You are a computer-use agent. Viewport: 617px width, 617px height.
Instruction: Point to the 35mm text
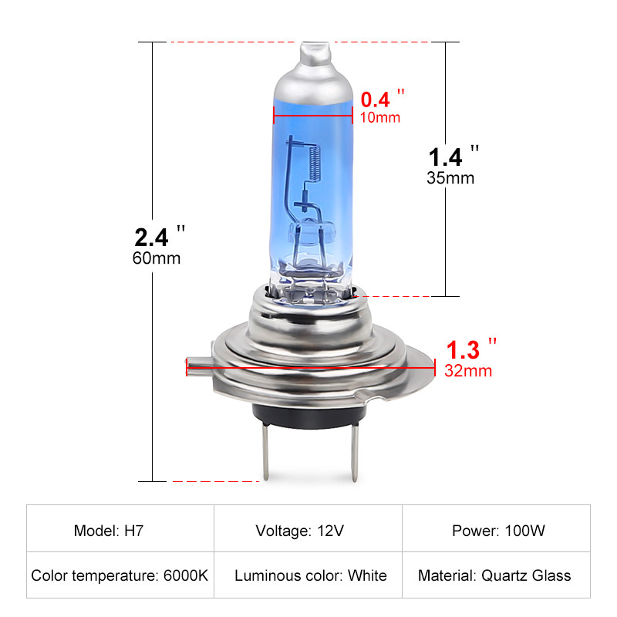point(450,178)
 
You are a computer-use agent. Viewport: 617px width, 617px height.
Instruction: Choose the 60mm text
point(157,258)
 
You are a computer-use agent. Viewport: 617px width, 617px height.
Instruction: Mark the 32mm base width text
point(468,371)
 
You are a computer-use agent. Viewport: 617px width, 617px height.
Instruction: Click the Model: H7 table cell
point(120,531)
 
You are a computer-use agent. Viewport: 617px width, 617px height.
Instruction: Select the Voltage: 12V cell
point(308,531)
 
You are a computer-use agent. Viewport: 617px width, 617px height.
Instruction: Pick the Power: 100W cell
point(496,531)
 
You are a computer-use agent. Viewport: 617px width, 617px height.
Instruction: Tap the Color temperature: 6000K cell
point(120,575)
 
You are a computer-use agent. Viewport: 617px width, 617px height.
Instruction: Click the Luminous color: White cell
point(308,575)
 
